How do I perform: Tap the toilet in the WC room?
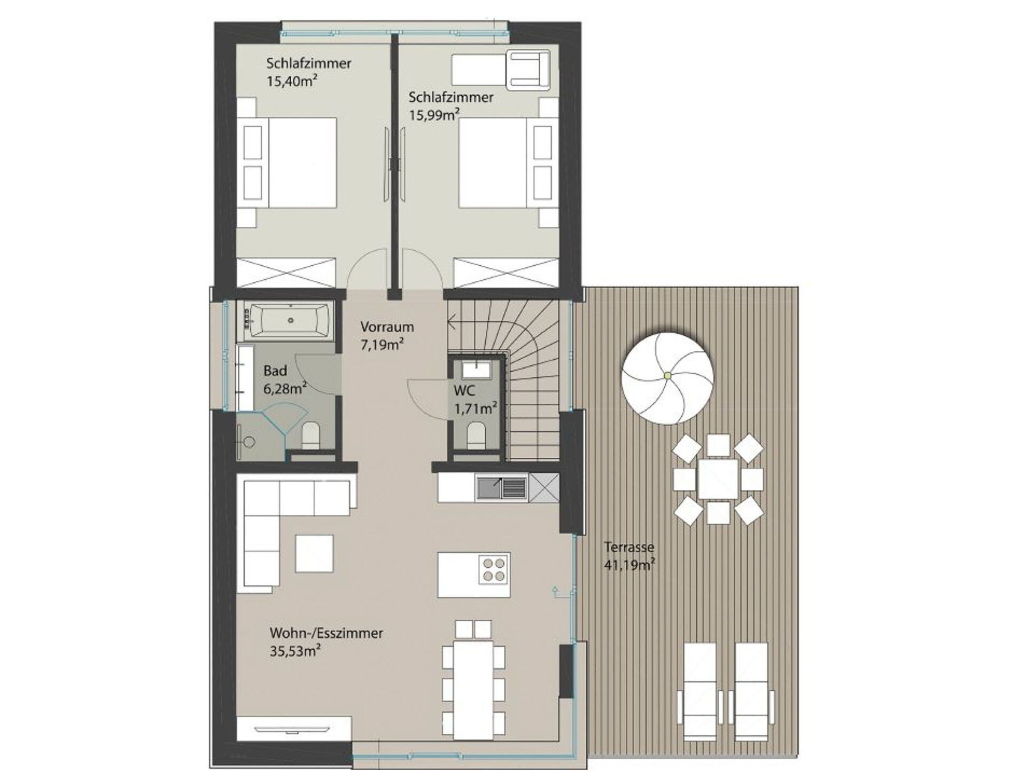(x=475, y=435)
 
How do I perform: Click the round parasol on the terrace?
(x=667, y=376)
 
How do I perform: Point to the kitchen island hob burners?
(x=493, y=569)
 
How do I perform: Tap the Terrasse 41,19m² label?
(x=630, y=556)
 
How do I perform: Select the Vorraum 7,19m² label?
(x=386, y=335)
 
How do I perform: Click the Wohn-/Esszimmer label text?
(x=326, y=633)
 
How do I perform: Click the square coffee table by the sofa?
(x=314, y=553)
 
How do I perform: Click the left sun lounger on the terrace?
(x=699, y=691)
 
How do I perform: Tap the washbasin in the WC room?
(x=475, y=368)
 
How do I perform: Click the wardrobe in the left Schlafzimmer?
(x=286, y=273)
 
